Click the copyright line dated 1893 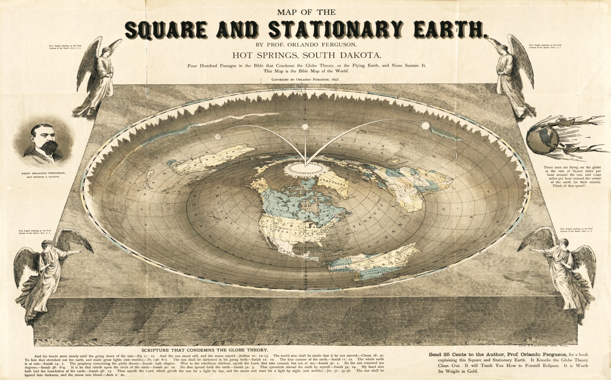point(305,80)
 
